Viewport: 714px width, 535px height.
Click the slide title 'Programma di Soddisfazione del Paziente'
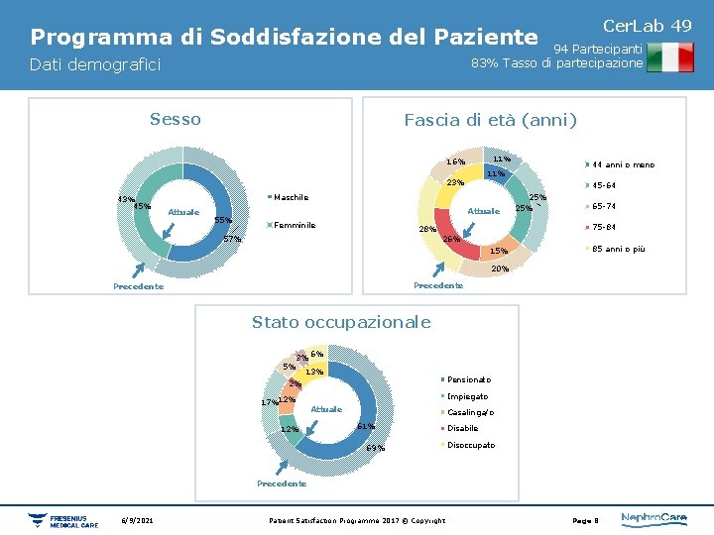coord(284,38)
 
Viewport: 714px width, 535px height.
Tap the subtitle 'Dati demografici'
coord(95,65)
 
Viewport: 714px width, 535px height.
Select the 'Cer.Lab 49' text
coord(648,25)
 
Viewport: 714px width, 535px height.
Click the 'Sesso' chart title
coord(175,120)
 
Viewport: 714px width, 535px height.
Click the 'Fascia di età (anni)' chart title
coord(490,121)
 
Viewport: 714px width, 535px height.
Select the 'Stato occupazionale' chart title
coord(341,322)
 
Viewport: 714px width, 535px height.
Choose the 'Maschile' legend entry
coord(290,197)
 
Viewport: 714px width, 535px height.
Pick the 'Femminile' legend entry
coord(294,225)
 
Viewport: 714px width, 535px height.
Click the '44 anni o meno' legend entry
coord(622,164)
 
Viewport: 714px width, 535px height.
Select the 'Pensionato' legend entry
coord(467,380)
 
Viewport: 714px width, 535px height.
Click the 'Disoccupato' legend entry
coord(470,445)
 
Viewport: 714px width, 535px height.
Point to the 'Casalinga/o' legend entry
coord(469,412)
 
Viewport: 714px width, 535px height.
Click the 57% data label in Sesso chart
coord(232,239)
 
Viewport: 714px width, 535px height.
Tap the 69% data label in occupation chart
coord(375,449)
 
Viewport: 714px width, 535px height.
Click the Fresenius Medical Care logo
coord(63,520)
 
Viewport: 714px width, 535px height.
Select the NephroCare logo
coord(654,519)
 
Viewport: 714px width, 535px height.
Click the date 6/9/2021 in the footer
coord(137,520)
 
